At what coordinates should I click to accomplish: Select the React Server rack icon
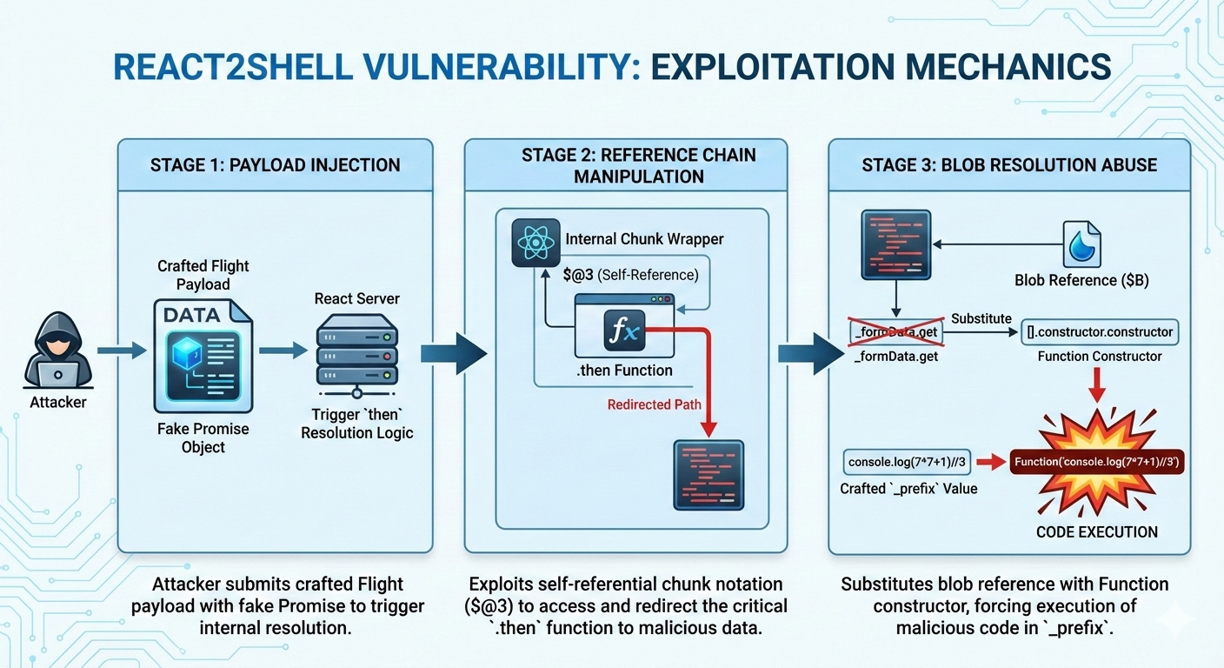357,352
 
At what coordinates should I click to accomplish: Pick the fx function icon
624,330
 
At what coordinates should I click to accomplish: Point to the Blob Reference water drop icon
1082,244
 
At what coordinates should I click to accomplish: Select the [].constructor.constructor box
1100,331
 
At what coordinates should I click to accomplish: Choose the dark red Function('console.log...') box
1097,462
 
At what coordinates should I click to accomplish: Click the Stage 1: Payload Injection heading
275,165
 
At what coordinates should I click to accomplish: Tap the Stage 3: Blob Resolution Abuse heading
1009,165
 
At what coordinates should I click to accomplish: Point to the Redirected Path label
654,404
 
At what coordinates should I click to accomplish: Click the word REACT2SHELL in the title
248,67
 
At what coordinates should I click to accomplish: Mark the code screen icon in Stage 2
709,475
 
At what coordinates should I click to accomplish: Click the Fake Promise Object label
203,438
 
